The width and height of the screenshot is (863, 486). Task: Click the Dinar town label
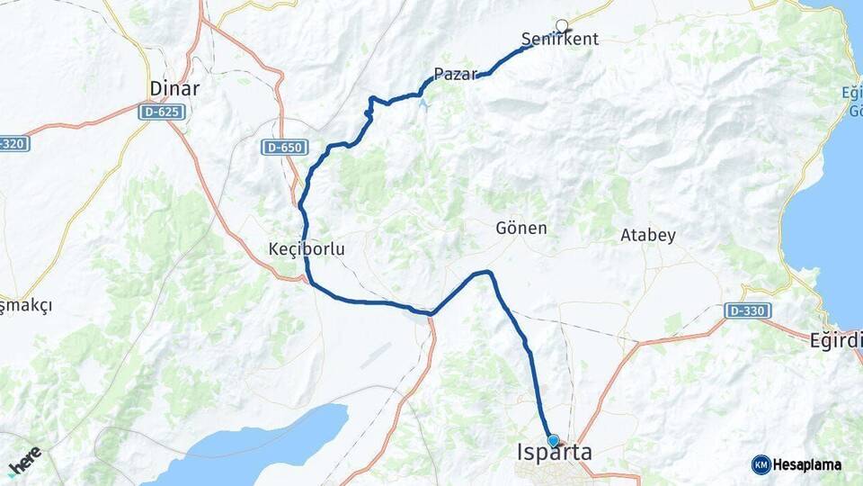click(175, 88)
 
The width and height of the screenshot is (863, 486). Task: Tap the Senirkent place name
click(559, 40)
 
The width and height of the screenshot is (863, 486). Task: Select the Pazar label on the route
click(454, 75)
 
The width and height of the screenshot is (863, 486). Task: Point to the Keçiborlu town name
click(307, 248)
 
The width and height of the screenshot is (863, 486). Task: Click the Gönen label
click(521, 229)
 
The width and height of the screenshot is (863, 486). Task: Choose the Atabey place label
click(647, 235)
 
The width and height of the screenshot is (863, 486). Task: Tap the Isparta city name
click(555, 453)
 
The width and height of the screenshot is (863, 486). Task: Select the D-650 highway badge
click(286, 147)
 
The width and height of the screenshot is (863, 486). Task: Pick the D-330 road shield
click(748, 310)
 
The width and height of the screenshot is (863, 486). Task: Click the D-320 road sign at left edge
click(13, 143)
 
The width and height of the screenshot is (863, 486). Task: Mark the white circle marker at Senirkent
click(563, 25)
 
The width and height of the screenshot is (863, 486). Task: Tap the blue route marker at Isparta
click(553, 440)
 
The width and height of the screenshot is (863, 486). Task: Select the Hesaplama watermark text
click(807, 465)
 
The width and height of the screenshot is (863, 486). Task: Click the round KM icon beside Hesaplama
click(761, 465)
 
